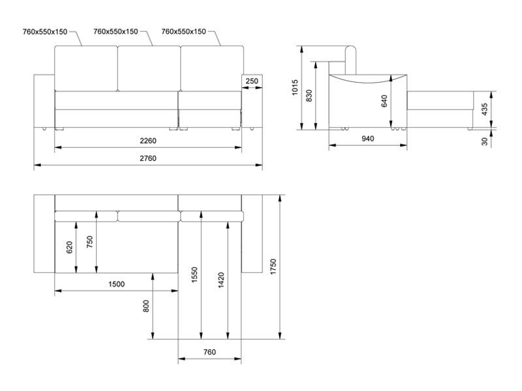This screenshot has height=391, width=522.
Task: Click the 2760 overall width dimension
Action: pos(147,158)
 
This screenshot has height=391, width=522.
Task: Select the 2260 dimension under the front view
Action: pos(147,139)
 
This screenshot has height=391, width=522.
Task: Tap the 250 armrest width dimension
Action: pos(253,81)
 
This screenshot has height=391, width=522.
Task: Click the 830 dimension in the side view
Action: pos(309,95)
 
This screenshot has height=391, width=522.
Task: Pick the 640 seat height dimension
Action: pos(384,101)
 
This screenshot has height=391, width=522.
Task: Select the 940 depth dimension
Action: pos(367,138)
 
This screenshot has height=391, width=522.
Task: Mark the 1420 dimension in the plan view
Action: pos(221,280)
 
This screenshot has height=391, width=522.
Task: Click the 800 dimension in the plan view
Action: pos(146,306)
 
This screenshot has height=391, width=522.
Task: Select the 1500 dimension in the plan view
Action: pos(116,284)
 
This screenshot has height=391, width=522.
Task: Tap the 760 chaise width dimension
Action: pos(209,352)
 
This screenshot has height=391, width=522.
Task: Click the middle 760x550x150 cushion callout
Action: pos(115,31)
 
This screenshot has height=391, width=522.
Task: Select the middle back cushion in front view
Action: pos(148,68)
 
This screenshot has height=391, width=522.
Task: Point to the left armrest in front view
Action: pos(44,101)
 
